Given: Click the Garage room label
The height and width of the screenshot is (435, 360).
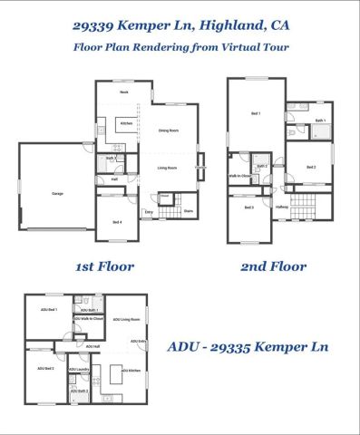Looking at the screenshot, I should click(x=57, y=194).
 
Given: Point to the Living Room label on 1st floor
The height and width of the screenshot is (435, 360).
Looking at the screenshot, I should click(x=166, y=168).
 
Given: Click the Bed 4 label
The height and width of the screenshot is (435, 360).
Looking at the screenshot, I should click(x=118, y=222).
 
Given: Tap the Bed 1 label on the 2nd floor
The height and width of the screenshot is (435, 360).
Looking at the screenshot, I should click(x=255, y=113).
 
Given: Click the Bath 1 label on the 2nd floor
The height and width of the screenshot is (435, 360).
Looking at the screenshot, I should click(x=320, y=121).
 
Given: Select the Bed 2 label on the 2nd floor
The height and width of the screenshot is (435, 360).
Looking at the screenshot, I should click(x=310, y=167).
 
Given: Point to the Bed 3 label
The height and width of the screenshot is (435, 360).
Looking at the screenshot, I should click(x=248, y=208).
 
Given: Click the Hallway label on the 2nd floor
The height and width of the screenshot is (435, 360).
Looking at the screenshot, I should click(x=282, y=208).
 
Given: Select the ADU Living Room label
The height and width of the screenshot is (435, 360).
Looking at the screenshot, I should click(x=130, y=320).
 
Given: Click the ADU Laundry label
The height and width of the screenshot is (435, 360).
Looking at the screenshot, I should click(x=79, y=370).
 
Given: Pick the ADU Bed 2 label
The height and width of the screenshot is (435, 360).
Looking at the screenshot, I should click(x=45, y=369).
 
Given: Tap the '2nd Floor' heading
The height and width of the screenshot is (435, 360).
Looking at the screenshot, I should click(x=273, y=266).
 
